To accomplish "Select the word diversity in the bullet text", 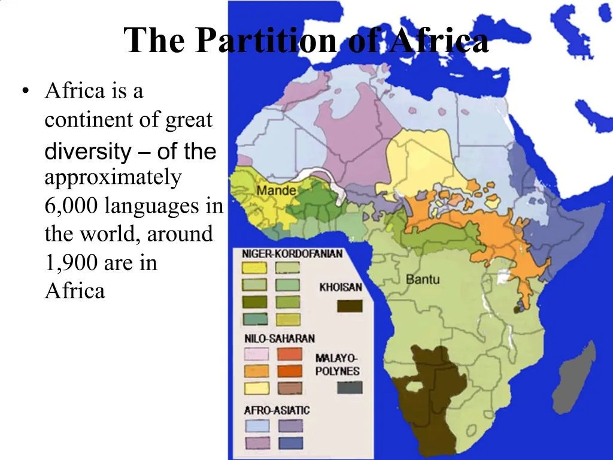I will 87,152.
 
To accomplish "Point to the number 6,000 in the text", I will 71,206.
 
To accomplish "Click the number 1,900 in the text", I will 71,262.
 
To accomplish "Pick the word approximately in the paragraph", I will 113,178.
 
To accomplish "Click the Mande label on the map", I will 276,190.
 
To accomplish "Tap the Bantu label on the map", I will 423,279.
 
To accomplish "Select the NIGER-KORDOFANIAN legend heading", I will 292,254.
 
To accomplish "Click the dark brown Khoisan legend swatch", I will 350,306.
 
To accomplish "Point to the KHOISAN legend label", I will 341,287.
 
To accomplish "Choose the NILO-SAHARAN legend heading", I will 280,338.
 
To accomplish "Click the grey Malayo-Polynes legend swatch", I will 350,388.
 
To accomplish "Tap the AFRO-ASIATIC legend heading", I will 277,410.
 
